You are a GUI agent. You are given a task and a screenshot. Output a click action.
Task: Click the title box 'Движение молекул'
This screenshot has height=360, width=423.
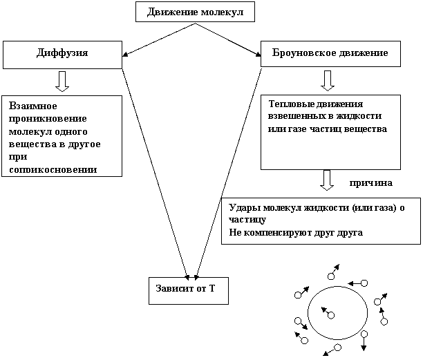[x=195, y=12]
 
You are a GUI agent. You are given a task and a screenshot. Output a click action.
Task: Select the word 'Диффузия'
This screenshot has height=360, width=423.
[x=62, y=53]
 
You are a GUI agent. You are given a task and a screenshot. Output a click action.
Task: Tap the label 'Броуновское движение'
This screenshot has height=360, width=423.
[x=330, y=53]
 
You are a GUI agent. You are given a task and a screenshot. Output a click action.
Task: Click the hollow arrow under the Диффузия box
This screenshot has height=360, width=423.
[x=62, y=82]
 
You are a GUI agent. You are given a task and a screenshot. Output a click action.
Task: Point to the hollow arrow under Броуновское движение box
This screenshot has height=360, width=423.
[x=328, y=81]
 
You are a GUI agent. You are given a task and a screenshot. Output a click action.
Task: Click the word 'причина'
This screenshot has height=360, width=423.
[x=371, y=183]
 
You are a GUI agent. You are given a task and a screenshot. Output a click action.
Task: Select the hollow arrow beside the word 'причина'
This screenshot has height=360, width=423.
[x=327, y=180]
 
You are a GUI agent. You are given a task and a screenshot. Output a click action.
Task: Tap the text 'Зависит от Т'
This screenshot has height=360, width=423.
[x=185, y=289]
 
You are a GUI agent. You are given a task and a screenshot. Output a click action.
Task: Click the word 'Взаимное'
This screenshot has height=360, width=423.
[x=33, y=106]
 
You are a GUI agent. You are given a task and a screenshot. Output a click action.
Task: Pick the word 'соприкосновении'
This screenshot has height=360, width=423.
[x=53, y=169]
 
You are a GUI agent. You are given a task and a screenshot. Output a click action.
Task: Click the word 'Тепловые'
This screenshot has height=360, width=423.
[x=291, y=104]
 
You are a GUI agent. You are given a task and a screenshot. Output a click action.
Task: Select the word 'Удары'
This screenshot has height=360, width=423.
[x=245, y=208]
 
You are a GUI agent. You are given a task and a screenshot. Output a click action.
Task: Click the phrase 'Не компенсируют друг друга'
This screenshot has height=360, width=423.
[x=296, y=232]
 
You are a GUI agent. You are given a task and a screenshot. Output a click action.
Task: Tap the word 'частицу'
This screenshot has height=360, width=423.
[x=247, y=220]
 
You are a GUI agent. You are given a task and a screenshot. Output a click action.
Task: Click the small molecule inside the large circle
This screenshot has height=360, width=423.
[x=331, y=315]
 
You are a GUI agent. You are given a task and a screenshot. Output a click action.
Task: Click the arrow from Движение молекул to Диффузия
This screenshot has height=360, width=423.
[x=159, y=39]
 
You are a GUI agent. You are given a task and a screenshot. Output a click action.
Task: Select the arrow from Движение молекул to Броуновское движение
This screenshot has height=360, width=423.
[x=228, y=39]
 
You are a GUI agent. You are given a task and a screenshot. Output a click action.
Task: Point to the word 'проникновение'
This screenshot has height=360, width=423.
[x=48, y=119]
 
